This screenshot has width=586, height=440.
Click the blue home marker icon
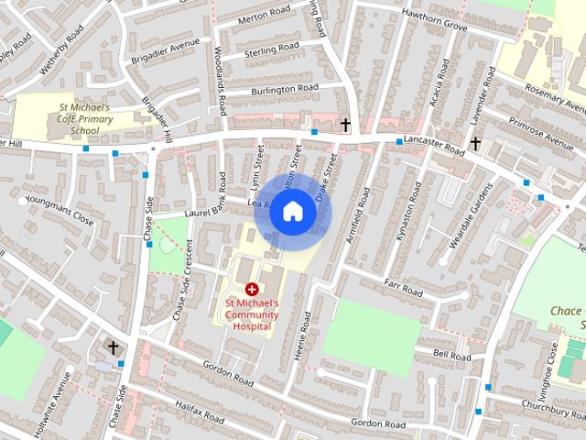292,211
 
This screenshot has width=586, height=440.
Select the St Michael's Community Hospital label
251,313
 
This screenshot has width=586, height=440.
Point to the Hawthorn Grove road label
429,27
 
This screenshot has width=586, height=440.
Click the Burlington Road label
286,89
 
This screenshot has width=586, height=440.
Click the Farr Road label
403,290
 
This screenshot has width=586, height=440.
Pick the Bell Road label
451,355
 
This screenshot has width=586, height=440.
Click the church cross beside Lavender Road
475,143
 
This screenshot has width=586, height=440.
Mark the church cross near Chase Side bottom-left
114,347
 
